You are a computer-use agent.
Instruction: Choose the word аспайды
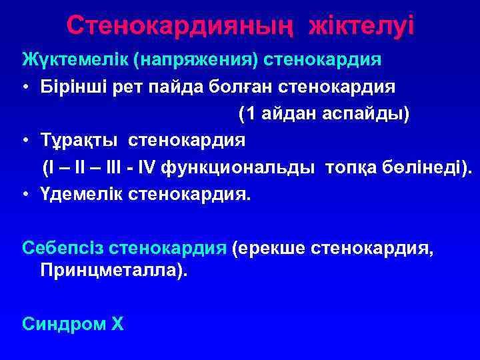(x=365, y=114)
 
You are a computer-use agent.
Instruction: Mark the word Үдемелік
(x=78, y=195)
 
